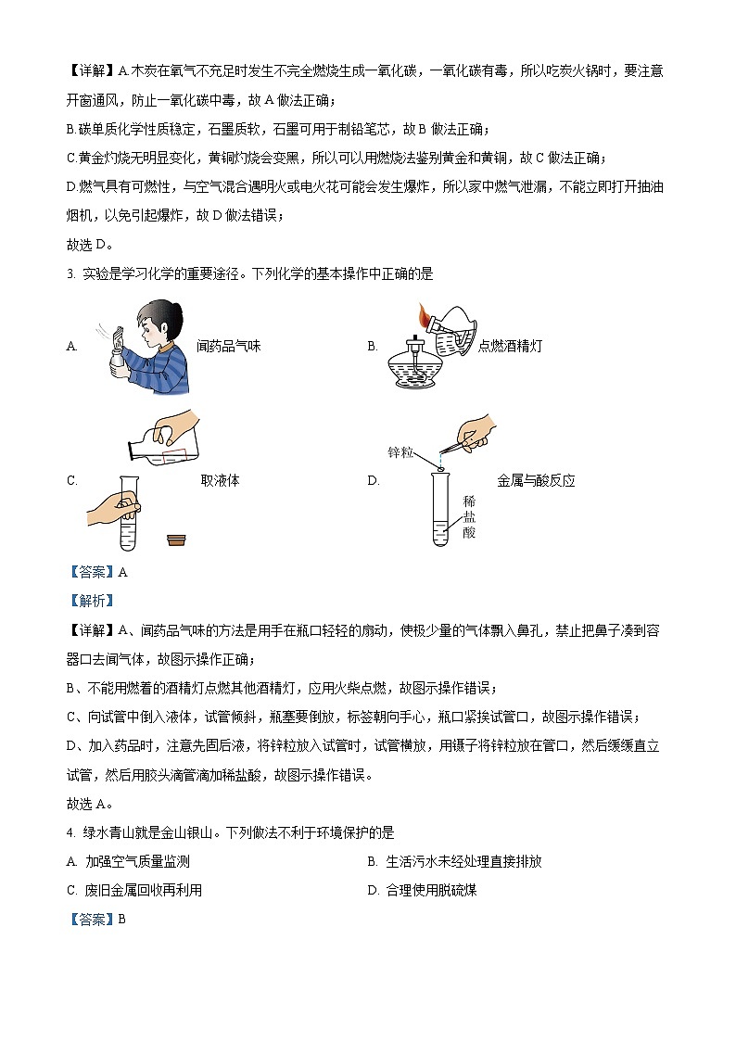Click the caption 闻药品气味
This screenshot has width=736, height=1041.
pos(229,346)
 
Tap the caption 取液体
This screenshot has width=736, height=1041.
pos(220,480)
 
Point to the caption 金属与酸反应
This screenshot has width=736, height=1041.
pos(536,480)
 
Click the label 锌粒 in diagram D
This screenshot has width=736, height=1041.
pos(400,452)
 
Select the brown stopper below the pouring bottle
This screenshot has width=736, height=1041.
pos(176,540)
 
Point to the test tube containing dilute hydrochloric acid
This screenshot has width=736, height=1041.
pos(440,510)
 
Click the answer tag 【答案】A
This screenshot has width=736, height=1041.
pos(97,572)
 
